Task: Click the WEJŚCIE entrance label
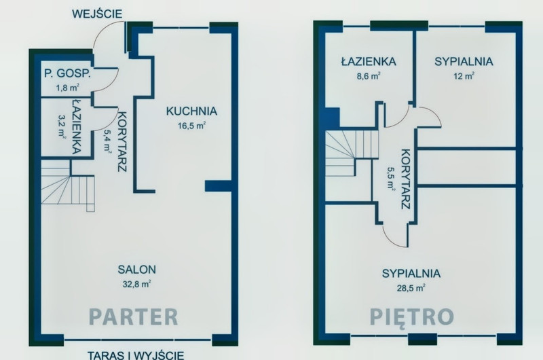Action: click(x=97, y=14)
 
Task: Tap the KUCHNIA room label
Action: click(x=191, y=111)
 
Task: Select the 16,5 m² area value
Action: click(x=191, y=126)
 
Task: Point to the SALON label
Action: click(x=137, y=269)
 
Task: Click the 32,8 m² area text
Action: click(x=137, y=284)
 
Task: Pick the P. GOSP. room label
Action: click(x=67, y=73)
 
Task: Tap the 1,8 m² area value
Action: click(x=67, y=88)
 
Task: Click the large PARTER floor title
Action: click(x=133, y=317)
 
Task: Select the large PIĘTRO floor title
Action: click(x=412, y=317)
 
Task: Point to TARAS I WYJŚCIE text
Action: click(x=136, y=355)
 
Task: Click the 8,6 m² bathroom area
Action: click(x=369, y=76)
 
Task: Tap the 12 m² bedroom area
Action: click(x=464, y=76)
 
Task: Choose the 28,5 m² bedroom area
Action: click(x=411, y=288)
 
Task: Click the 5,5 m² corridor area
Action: click(x=391, y=178)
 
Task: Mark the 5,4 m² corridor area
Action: click(x=107, y=141)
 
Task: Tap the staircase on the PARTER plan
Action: click(x=67, y=185)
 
